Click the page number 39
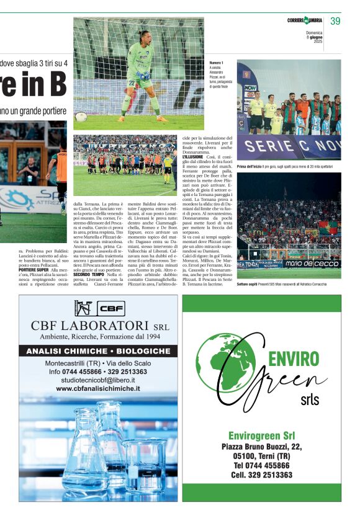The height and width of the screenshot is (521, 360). coord(335,21)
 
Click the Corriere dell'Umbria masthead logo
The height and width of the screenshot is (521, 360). coord(305,21)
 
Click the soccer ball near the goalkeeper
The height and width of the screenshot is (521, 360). coord(81,116)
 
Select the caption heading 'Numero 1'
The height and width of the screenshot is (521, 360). coord(217,63)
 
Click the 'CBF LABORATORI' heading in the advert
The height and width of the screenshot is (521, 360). coord(91,326)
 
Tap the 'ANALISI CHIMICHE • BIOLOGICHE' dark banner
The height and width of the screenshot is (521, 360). coord(97,351)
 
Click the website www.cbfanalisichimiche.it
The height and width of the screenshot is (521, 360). coord(97,388)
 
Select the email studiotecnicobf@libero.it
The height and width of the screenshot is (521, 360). coord(97,380)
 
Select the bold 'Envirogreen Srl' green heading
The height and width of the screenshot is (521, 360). coord(261,435)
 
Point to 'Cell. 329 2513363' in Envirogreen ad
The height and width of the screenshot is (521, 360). coord(261,474)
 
